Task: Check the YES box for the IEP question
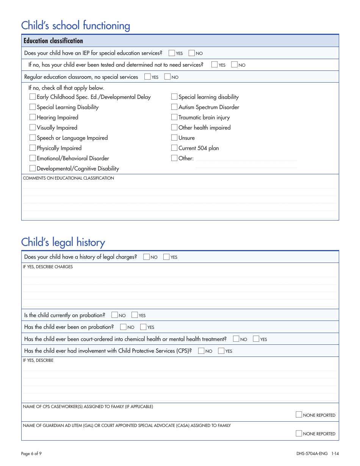(x=172, y=53)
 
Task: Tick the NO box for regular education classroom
(x=167, y=77)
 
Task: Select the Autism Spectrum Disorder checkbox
(x=174, y=107)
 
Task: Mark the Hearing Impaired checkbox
(x=33, y=117)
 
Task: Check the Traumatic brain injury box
(x=174, y=117)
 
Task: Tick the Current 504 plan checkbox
(x=174, y=148)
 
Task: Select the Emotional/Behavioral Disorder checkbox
(x=33, y=158)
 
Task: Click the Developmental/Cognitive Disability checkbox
(x=33, y=169)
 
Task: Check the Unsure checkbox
(x=174, y=138)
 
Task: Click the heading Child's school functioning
(x=75, y=25)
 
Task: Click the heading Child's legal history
(x=63, y=242)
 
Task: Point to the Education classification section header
(x=53, y=41)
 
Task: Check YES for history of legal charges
(x=166, y=257)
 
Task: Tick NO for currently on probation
(x=115, y=315)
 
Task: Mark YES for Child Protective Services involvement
(x=221, y=351)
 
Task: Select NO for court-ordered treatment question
(x=236, y=339)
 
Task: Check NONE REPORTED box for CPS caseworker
(x=299, y=415)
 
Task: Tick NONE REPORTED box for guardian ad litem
(x=299, y=433)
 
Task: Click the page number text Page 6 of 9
(x=31, y=453)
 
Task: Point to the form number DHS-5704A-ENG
(x=312, y=453)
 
